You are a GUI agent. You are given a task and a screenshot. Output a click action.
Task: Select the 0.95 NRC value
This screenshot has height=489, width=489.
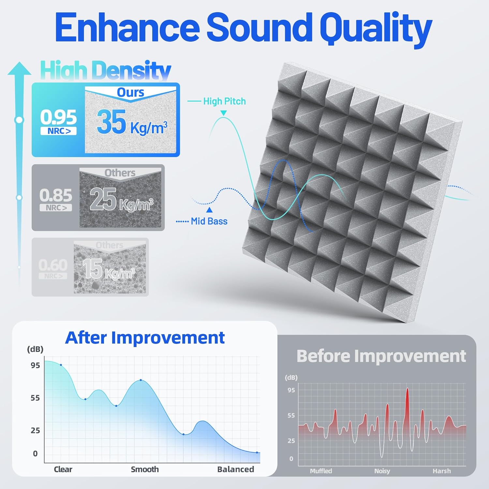[x=58, y=117]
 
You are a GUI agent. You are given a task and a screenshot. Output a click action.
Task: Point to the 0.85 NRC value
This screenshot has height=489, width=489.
[x=56, y=195]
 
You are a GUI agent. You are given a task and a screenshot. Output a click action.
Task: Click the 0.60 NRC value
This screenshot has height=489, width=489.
[x=53, y=265]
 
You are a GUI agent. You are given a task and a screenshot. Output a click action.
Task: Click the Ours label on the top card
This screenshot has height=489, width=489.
[x=130, y=93]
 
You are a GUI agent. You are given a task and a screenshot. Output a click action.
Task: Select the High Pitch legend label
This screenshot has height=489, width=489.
[x=224, y=101]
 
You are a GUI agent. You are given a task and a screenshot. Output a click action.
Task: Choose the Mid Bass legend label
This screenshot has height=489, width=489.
[x=209, y=221]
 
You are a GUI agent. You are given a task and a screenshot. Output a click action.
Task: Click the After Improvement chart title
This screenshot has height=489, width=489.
[x=145, y=338]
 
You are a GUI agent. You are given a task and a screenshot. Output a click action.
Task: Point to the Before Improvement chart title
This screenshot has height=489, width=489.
[x=381, y=356]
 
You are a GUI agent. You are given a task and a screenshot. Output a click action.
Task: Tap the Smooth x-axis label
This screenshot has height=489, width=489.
[x=145, y=469]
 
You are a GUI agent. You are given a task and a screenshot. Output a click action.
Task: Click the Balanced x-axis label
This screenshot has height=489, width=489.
[x=235, y=469]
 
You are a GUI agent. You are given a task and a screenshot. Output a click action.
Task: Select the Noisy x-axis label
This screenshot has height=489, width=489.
[x=382, y=471]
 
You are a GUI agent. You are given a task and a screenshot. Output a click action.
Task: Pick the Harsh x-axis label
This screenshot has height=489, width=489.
[x=442, y=471]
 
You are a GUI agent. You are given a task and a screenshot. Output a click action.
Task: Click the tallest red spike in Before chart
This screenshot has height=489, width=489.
[x=407, y=391]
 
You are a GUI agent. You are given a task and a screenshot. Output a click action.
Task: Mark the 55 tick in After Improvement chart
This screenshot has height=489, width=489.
[x=35, y=398]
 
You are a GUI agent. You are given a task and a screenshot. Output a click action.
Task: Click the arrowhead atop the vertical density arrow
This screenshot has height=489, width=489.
[x=20, y=68]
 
